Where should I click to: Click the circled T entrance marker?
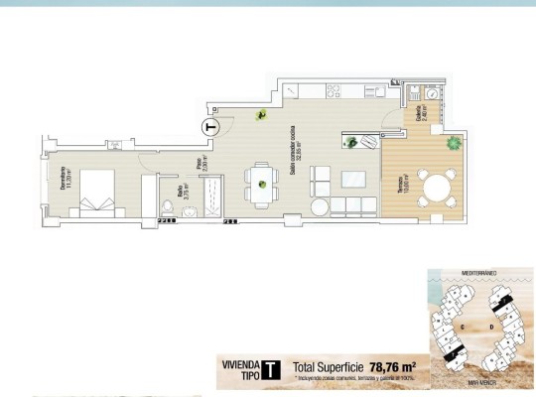coord(207,126)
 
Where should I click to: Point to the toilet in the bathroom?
coord(168,205)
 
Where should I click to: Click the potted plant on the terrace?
coord(453,143)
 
